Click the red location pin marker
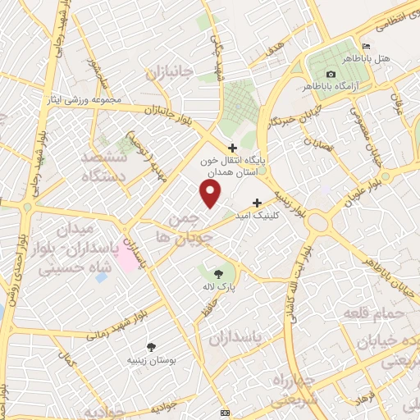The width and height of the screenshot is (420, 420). click(211, 194)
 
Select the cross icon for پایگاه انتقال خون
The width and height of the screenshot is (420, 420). click(232, 147)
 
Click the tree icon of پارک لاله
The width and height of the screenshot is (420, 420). click(218, 275)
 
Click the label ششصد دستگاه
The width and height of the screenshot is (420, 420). click(113, 164)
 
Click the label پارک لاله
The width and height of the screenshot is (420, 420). click(217, 288)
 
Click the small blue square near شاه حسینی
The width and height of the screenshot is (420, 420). click(100, 277)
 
